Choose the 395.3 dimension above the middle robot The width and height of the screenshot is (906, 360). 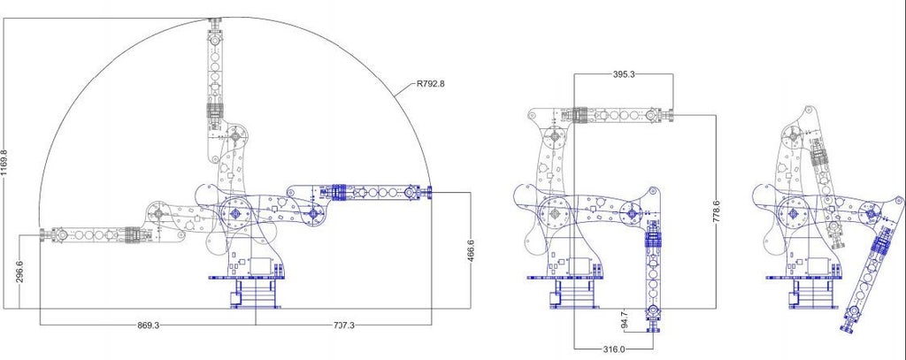point(624,75)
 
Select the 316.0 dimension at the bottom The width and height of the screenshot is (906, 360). point(614,349)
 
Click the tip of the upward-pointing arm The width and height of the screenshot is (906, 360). point(215,21)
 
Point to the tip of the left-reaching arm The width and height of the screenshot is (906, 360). point(43,234)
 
